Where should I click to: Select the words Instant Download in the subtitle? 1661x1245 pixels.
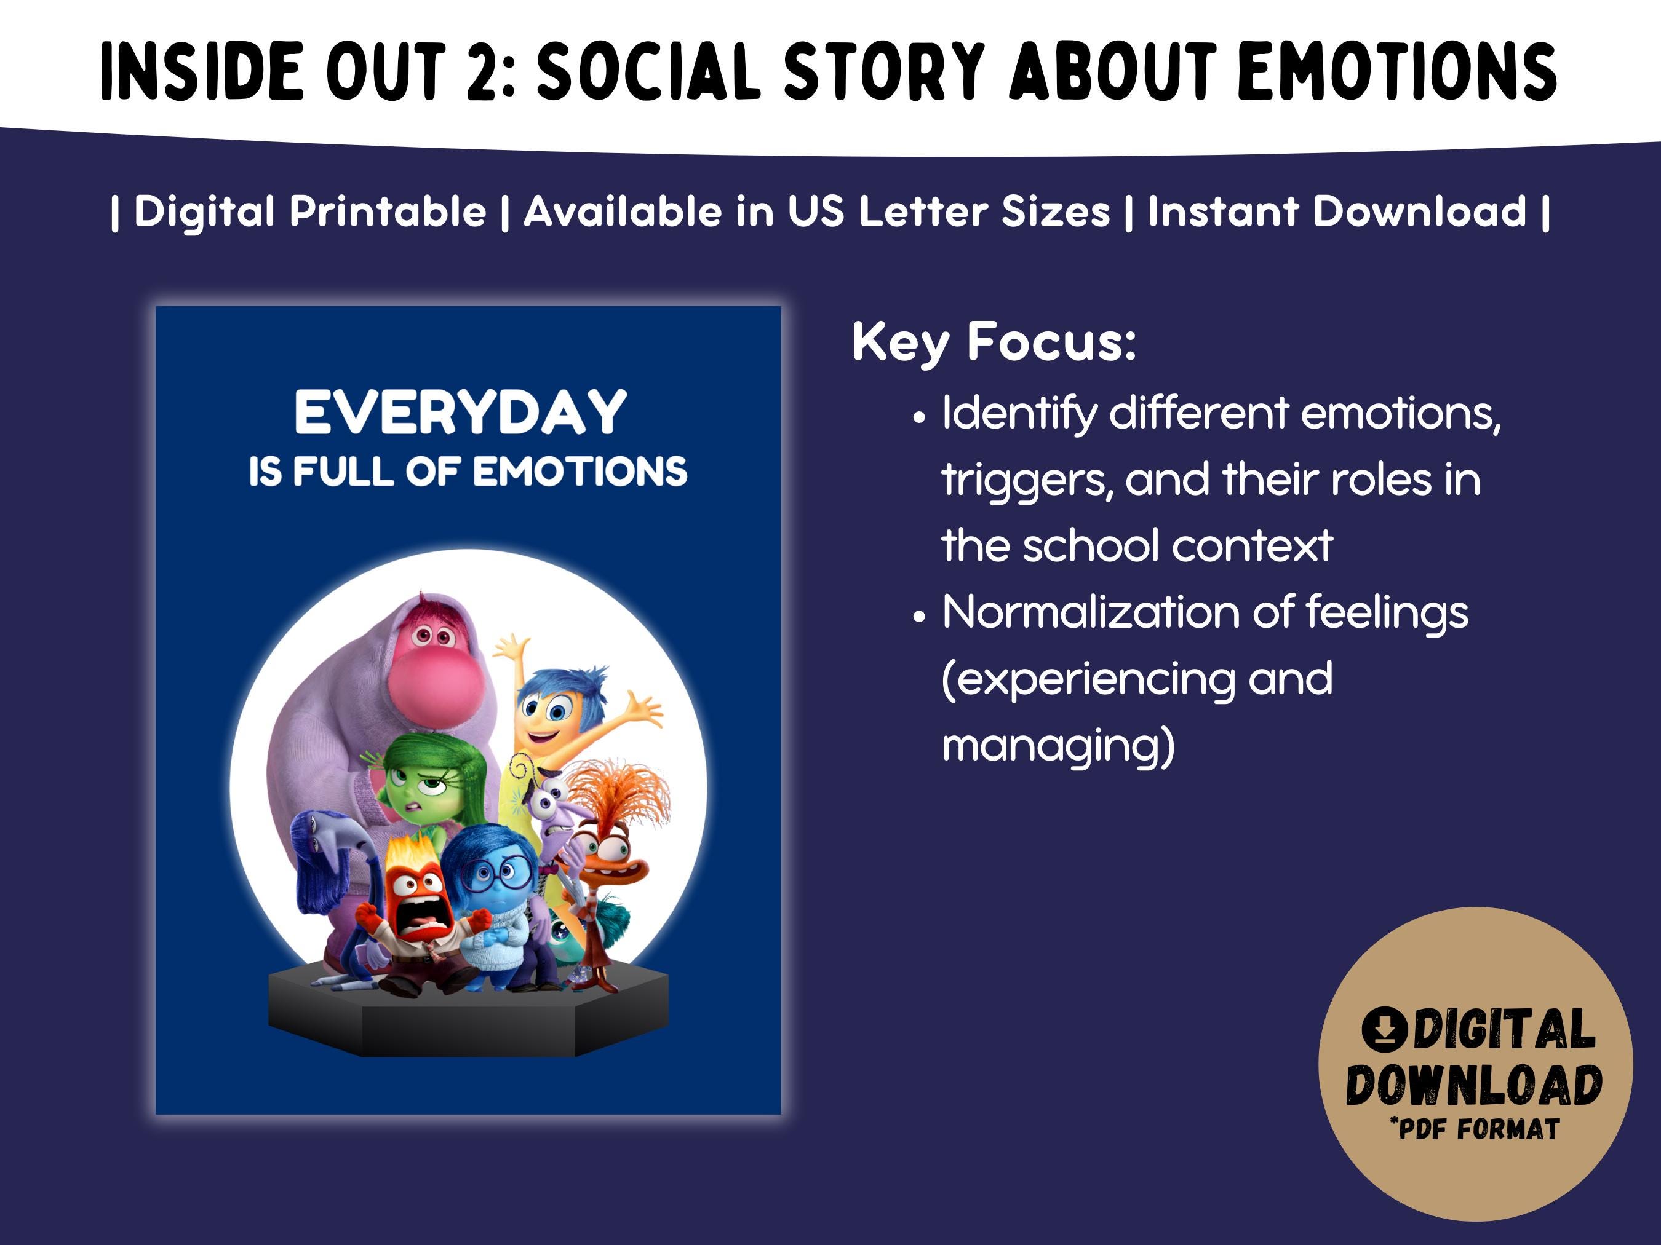(x=1337, y=211)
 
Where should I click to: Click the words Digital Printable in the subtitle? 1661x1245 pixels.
(x=309, y=211)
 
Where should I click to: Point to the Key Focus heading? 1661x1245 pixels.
(x=994, y=342)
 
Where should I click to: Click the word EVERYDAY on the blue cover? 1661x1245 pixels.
(x=460, y=412)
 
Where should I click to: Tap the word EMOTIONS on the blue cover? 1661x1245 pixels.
(x=579, y=472)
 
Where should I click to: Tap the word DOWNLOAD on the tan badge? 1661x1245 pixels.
(x=1474, y=1085)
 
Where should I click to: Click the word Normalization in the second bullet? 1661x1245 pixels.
(x=1089, y=613)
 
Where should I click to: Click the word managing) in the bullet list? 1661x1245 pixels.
(x=1058, y=746)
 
